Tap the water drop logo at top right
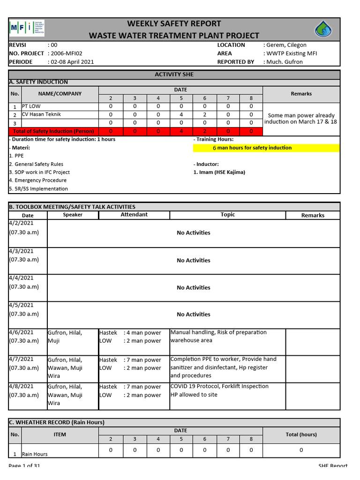click(323, 30)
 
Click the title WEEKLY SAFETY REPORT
click(174, 23)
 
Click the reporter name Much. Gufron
click(285, 62)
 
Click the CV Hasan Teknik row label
click(41, 114)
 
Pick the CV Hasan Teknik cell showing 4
click(181, 115)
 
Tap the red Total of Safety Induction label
click(53, 131)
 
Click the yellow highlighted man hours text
click(252, 148)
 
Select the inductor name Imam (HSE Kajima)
click(219, 172)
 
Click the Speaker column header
click(73, 215)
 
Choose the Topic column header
click(228, 215)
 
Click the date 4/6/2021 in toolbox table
click(21, 332)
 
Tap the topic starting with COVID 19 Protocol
click(219, 386)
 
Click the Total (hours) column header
click(301, 435)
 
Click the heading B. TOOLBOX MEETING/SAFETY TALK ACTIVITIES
click(72, 207)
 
